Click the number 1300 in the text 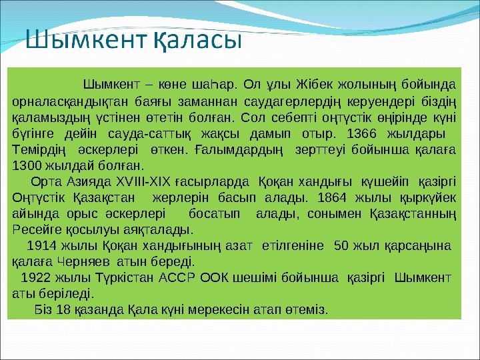[27, 165]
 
